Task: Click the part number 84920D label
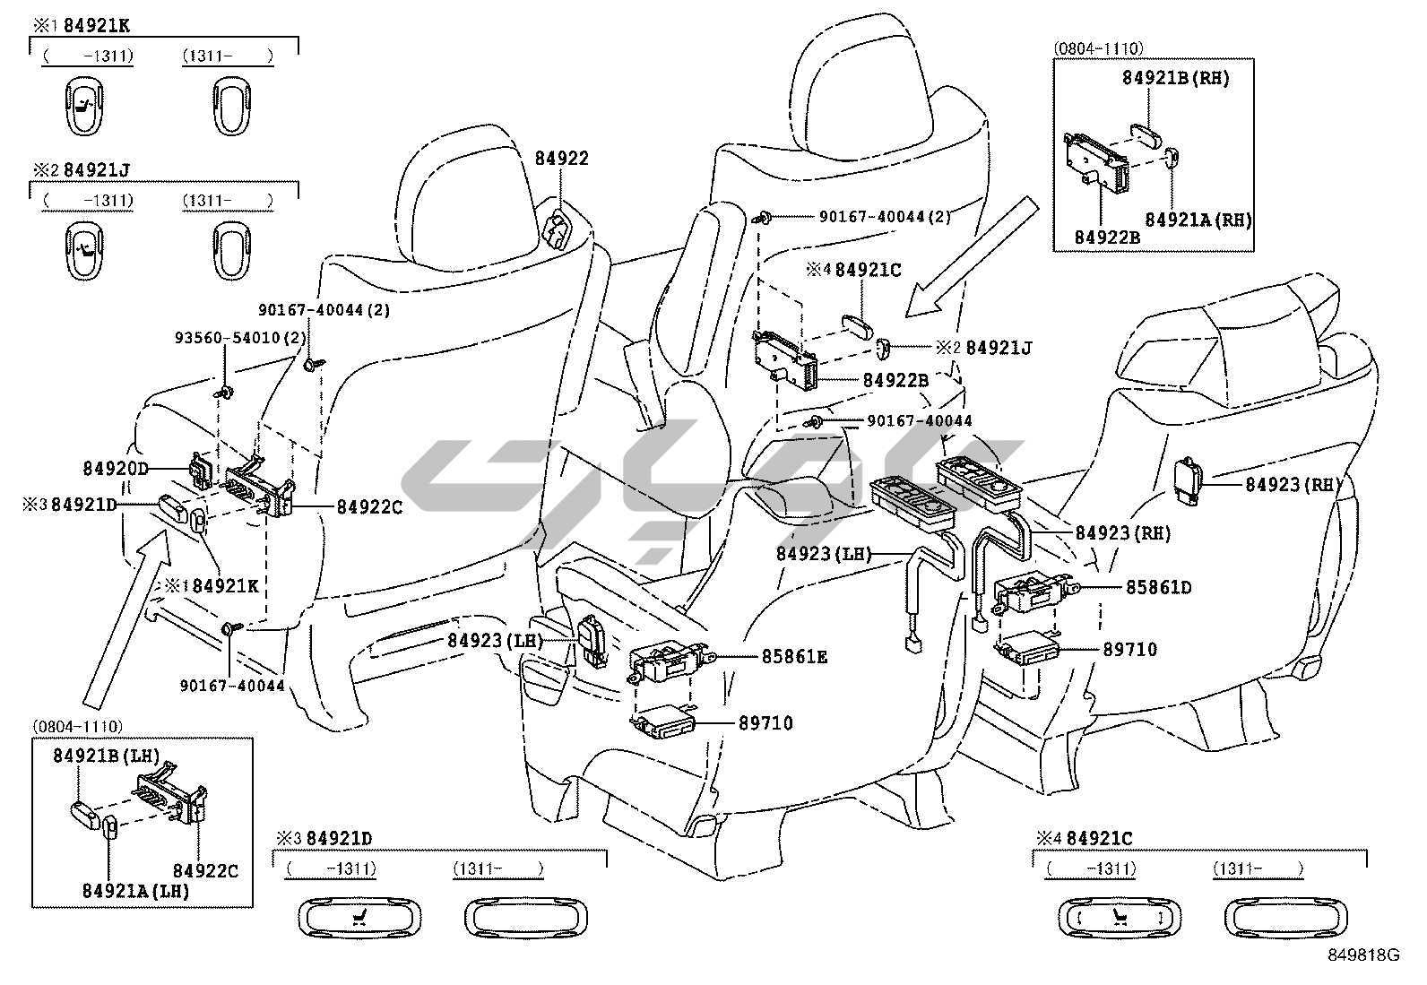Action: (x=115, y=468)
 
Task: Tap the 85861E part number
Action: (x=794, y=657)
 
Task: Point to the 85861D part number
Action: (x=1159, y=588)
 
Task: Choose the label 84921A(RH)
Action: (x=1198, y=220)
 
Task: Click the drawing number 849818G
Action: (x=1362, y=955)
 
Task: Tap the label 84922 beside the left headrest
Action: (x=562, y=159)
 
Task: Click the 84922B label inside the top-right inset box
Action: (x=1107, y=237)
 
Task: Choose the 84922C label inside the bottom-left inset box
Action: (x=205, y=870)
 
